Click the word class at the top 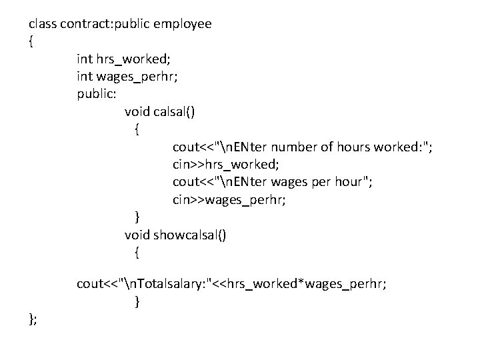[x=43, y=24]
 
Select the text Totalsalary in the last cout [x=171, y=285]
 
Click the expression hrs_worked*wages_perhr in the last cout [x=306, y=285]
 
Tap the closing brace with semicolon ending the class [x=33, y=319]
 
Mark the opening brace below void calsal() [x=137, y=129]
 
